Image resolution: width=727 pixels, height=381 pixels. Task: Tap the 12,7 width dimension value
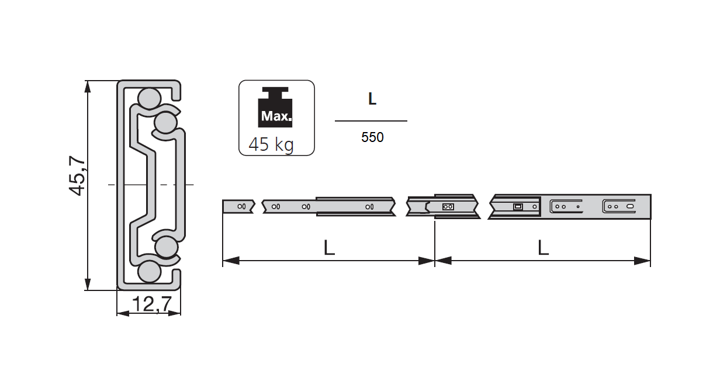coord(151,304)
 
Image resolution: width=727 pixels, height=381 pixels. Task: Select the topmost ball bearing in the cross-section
coord(148,98)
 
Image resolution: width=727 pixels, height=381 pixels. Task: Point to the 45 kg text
coord(271,144)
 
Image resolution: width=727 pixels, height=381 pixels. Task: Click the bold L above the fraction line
coord(372,99)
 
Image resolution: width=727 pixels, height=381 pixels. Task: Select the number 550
coord(372,138)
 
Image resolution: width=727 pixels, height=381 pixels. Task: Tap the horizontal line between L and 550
coord(371,121)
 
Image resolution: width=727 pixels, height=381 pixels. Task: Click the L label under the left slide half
coord(329,248)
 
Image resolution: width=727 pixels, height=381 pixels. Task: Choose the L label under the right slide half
coord(543,248)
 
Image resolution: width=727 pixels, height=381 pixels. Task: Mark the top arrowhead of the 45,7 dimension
coord(88,86)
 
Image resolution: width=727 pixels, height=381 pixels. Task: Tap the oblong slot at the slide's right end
coord(631,206)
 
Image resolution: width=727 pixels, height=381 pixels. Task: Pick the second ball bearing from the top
coord(165,123)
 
